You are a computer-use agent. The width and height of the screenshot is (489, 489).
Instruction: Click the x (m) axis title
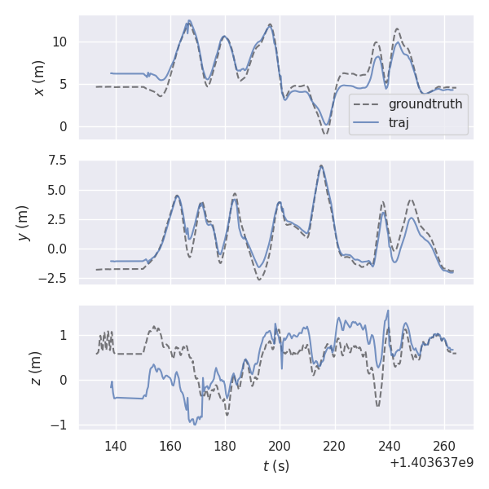[39, 77]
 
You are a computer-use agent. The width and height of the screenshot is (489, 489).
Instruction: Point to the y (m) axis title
[24, 222]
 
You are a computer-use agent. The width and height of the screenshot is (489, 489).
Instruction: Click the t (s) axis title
[275, 466]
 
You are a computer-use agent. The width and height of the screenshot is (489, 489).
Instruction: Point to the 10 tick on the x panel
[62, 42]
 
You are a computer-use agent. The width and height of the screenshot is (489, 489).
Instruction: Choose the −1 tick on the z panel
[62, 425]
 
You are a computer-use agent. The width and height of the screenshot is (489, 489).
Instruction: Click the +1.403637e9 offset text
[431, 462]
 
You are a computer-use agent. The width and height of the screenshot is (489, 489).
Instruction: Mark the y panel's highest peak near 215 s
[321, 165]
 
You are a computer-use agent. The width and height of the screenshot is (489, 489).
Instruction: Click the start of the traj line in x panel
[111, 73]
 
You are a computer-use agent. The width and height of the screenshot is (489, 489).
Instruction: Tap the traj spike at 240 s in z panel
[388, 311]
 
